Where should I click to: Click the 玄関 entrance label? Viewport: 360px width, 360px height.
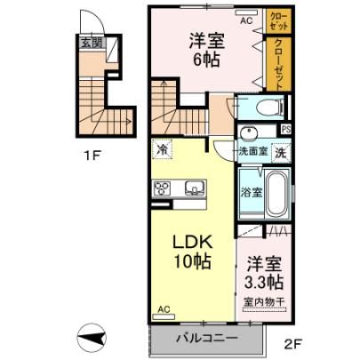point(92,44)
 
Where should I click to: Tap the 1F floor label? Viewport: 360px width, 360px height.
point(92,156)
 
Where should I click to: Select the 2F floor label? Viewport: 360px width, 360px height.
point(292,344)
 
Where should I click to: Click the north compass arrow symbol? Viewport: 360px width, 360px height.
point(92,338)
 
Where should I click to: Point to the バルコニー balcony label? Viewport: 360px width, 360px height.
point(207,338)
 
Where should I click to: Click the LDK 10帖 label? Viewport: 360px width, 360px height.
point(193,252)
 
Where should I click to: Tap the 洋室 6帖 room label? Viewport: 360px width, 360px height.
point(207,51)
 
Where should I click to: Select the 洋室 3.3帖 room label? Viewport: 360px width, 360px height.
point(263,273)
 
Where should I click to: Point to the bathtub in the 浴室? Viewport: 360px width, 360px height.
point(277,194)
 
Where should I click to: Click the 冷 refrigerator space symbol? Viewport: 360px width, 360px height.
point(163,148)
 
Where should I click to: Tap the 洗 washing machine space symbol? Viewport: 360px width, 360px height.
point(281,153)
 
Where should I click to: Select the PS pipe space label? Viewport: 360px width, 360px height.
point(286,130)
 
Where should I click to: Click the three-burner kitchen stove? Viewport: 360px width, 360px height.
point(162,188)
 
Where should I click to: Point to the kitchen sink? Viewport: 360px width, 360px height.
point(195,188)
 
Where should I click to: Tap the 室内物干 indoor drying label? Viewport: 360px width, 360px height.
point(264,302)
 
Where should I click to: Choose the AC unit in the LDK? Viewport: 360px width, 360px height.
point(164,316)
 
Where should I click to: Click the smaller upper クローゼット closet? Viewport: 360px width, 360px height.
point(278,20)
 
